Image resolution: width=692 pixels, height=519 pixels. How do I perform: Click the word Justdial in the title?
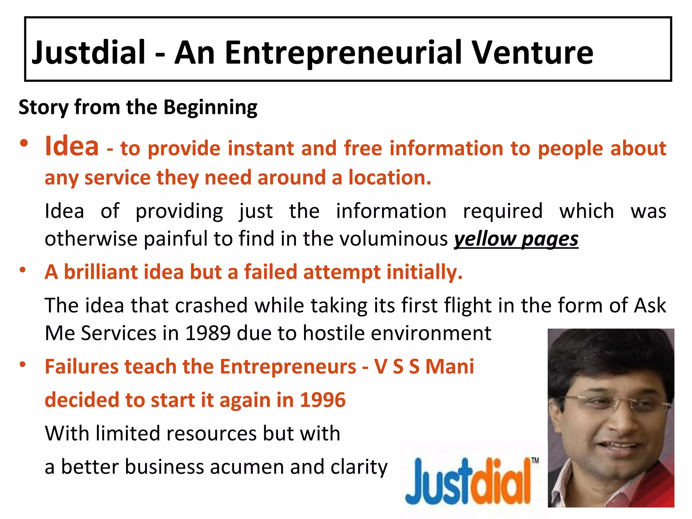(x=89, y=52)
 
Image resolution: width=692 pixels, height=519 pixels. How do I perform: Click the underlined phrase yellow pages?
(x=516, y=239)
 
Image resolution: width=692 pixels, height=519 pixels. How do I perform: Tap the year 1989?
(x=208, y=333)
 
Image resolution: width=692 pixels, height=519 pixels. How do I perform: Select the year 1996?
(x=323, y=400)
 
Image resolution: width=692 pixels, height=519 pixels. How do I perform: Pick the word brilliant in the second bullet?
(x=100, y=272)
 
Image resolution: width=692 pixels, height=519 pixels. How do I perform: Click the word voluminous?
(x=394, y=239)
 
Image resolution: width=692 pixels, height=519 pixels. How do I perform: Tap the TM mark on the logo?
(x=535, y=461)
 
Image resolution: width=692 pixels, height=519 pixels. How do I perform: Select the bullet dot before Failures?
(x=23, y=364)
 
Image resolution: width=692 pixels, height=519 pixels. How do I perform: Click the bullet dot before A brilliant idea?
(x=23, y=270)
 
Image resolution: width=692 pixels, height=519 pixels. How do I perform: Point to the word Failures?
(x=81, y=367)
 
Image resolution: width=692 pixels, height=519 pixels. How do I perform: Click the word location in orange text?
(x=390, y=178)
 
